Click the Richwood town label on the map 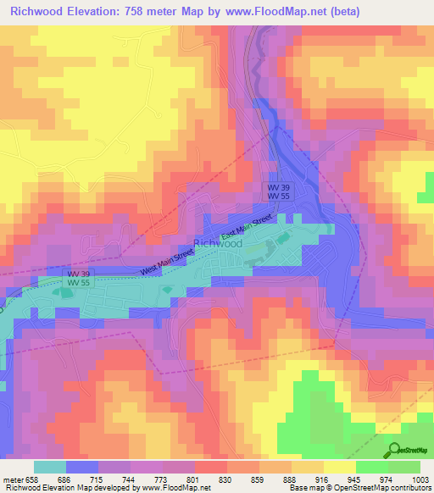[x=218, y=243]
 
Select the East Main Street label [x=246, y=228]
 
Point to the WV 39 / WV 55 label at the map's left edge [x=79, y=278]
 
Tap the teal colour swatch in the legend [x=50, y=467]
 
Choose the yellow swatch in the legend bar [x=340, y=467]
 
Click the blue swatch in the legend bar [x=82, y=467]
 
